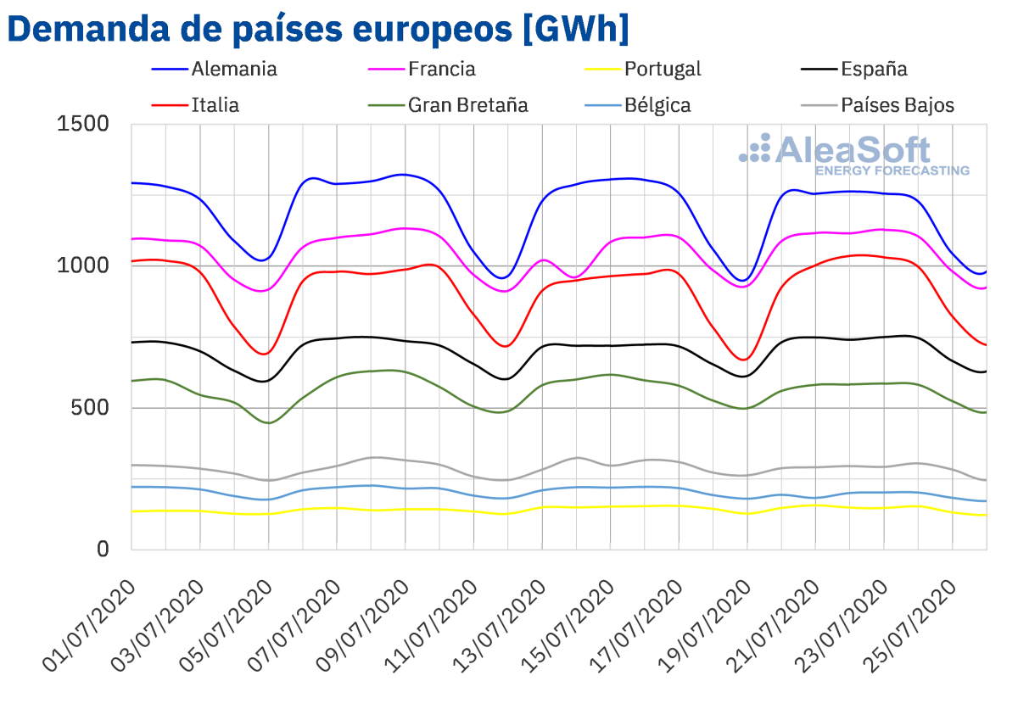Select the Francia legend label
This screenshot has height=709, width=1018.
(441, 69)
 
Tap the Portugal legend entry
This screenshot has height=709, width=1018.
(663, 69)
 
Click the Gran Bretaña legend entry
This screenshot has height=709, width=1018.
(467, 105)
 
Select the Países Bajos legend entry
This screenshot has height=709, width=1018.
(897, 105)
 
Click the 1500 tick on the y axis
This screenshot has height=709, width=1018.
(83, 125)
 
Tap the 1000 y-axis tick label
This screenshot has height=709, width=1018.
(83, 266)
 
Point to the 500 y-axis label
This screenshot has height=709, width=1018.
(92, 408)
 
